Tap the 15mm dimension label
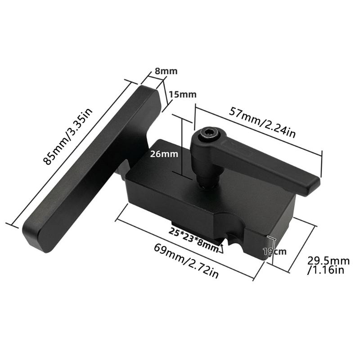coord(183,94)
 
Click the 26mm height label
coord(164,154)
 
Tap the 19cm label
coord(274,252)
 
